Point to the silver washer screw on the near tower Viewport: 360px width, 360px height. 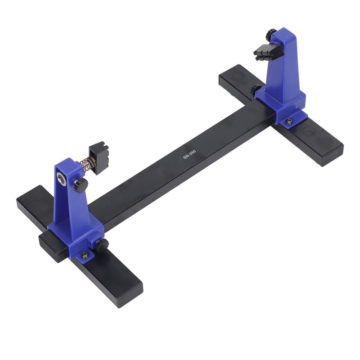[61, 179]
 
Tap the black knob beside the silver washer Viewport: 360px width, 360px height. [81, 184]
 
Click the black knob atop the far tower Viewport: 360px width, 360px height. [271, 34]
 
